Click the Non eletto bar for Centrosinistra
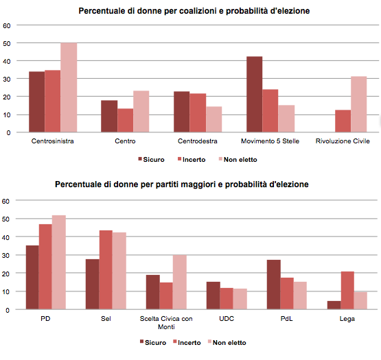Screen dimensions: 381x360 pos(69,87)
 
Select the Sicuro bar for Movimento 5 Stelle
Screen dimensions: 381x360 pos(255,95)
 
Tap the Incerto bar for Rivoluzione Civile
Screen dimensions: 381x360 pos(343,121)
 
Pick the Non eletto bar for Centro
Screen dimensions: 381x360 pos(141,111)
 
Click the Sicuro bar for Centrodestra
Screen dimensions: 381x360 pos(181,112)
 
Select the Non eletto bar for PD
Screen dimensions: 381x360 pos(59,262)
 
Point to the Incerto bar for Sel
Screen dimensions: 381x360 pos(106,269)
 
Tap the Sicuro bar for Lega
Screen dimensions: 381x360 pos(334,305)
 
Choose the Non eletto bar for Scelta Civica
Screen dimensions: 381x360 pos(180,282)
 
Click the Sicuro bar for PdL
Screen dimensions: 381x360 pos(274,285)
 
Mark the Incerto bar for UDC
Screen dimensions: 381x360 pos(227,298)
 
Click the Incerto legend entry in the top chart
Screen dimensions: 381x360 pos(192,160)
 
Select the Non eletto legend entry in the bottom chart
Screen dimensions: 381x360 pos(227,343)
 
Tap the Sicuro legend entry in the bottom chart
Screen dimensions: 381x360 pos(153,343)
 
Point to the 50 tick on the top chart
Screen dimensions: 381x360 pos(7,44)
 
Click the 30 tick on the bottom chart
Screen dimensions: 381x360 pos(5,255)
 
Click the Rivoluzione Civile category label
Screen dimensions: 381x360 pos(343,141)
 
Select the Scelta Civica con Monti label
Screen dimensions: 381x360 pos(166,322)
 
